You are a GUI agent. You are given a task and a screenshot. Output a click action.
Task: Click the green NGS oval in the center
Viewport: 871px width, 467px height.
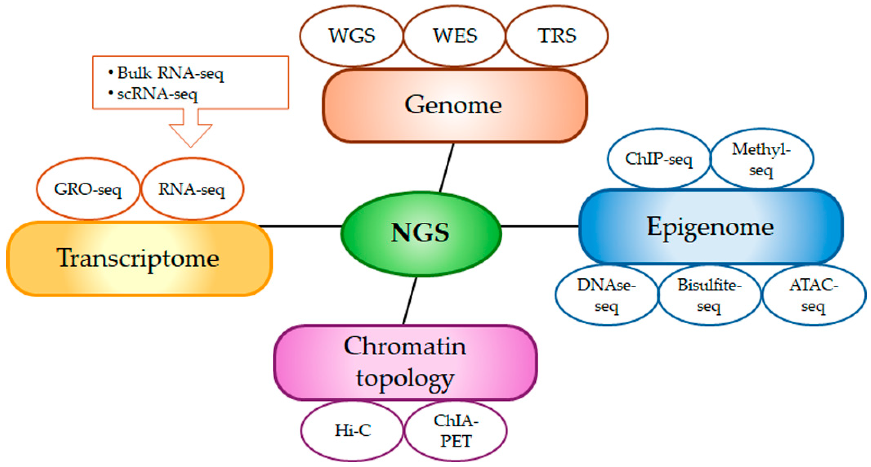[421, 233]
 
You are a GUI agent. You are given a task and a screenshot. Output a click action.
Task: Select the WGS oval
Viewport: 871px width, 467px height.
[352, 36]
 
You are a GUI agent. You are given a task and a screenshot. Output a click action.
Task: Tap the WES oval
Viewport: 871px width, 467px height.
[455, 36]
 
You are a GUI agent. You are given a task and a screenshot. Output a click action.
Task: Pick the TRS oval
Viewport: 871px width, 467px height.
[557, 36]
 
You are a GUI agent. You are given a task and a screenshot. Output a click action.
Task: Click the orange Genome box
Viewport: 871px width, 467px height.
[454, 105]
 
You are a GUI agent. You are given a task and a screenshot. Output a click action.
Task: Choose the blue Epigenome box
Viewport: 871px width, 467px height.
[710, 226]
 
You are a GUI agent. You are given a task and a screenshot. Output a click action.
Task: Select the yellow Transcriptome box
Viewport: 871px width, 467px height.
[139, 258]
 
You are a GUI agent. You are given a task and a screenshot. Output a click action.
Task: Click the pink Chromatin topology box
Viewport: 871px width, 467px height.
[405, 363]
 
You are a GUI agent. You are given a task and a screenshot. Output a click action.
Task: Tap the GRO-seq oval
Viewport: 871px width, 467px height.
[88, 189]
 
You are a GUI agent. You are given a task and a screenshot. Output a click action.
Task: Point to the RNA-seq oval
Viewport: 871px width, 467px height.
[192, 189]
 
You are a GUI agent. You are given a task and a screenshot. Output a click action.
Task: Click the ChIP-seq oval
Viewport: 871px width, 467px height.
[658, 159]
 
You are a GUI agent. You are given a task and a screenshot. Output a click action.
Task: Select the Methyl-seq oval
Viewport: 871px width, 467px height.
[761, 159]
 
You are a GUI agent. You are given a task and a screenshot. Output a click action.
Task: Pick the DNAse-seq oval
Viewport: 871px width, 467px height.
[606, 295]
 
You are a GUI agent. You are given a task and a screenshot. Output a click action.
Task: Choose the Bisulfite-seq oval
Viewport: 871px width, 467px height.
[709, 295]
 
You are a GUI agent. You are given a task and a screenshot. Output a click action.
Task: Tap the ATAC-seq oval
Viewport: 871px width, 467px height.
[813, 295]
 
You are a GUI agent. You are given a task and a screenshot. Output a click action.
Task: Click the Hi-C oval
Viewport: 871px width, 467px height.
[352, 430]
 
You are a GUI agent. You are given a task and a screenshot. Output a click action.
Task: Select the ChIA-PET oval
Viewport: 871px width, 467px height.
[455, 430]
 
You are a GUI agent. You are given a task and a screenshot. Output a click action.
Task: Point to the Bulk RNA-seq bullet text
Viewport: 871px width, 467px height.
[170, 73]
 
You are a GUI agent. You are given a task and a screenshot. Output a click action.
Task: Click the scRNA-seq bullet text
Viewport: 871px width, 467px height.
[157, 94]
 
